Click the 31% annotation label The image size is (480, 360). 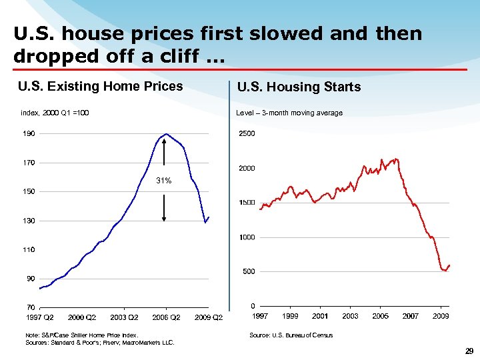click(x=164, y=181)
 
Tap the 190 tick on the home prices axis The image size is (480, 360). click(x=31, y=133)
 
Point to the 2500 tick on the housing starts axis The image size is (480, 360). click(x=247, y=134)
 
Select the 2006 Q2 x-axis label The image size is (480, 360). click(x=167, y=317)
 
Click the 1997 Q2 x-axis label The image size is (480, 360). click(x=40, y=317)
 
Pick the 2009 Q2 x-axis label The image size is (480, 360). click(x=209, y=317)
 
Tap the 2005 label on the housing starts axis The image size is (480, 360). click(x=381, y=316)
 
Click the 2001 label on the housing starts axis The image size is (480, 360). click(x=320, y=316)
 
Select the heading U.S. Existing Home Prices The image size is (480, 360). click(x=101, y=86)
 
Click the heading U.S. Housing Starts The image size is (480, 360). click(x=299, y=87)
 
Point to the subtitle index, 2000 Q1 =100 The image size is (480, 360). click(x=55, y=113)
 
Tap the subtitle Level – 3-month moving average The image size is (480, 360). click(x=289, y=113)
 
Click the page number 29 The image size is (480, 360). click(x=468, y=351)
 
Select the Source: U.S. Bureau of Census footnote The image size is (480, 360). click(x=291, y=335)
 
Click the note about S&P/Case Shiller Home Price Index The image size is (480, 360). click(x=81, y=335)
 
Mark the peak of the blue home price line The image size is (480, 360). click(x=166, y=134)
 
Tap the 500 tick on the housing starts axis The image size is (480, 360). click(x=248, y=272)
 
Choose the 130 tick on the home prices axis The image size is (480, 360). click(x=31, y=221)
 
